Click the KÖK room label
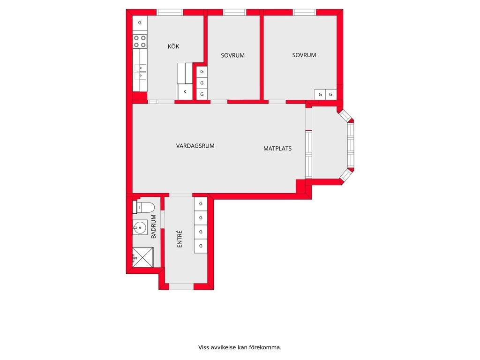coord(173,46)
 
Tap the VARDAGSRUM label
coord(195,146)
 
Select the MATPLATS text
coord(277,149)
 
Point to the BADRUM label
coord(154,226)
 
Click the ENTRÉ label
coord(180,239)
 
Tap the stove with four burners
coord(140,41)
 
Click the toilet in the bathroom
coord(143,207)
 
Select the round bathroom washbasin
coord(140,227)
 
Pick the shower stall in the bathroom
coord(142,257)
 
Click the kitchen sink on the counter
coord(140,72)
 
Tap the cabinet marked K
coord(185,91)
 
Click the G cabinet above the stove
coord(140,22)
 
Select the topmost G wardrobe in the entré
coord(201,203)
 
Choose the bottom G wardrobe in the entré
coord(201,246)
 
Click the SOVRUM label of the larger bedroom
coord(304,55)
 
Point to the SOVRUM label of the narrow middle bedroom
coord(232,55)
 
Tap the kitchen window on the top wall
coord(170,13)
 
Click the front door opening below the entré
coord(181,286)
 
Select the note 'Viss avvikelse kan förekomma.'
coord(240,347)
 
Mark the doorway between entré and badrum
coord(163,219)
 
